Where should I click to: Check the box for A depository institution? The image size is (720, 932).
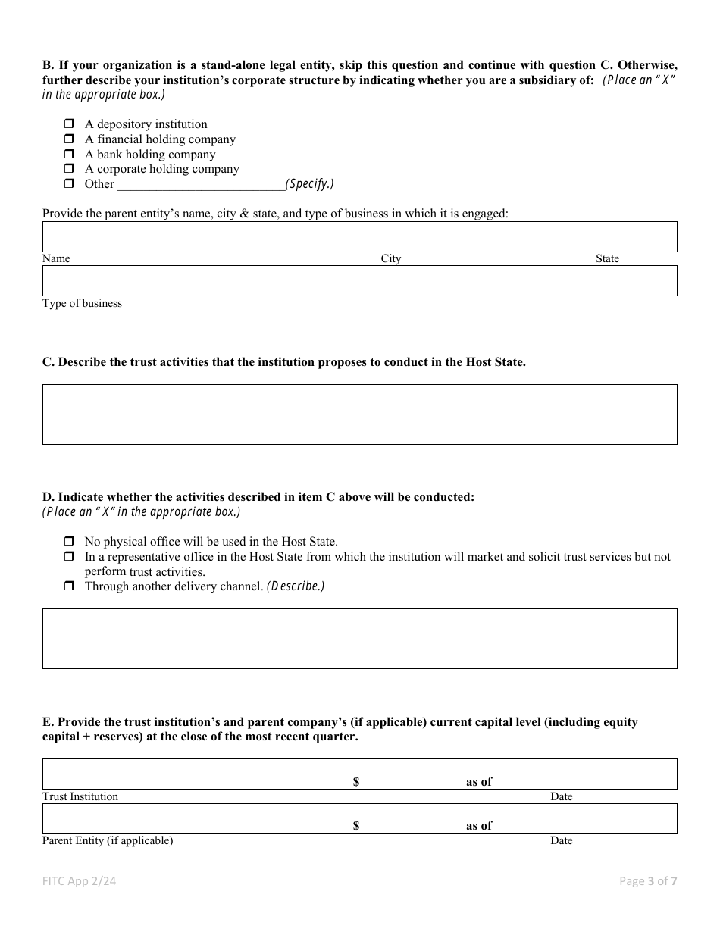(x=69, y=124)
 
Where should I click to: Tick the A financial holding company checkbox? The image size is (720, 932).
(x=69, y=139)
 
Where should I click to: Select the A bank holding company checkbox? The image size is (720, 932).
(x=69, y=154)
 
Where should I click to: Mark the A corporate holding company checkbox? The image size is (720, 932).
(x=69, y=168)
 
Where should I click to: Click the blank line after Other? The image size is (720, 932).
(x=200, y=183)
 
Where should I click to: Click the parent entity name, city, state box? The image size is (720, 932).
(x=359, y=236)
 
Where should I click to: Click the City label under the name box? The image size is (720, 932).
(x=391, y=259)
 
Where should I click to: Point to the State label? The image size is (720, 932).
(x=607, y=259)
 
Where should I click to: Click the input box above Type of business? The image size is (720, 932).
(x=359, y=280)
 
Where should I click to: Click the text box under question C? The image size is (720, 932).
(x=359, y=414)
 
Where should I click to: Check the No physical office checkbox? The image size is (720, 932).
(x=69, y=542)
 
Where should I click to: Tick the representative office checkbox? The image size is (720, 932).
(x=69, y=557)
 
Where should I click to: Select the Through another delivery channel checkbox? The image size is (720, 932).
(x=69, y=586)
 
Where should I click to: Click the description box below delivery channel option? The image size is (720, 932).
(x=359, y=638)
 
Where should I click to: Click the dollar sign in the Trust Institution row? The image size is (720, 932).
(x=356, y=782)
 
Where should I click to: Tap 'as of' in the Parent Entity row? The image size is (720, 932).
(x=479, y=826)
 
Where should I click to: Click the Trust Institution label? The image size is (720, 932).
(x=80, y=796)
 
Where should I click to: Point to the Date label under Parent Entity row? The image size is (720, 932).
(x=562, y=840)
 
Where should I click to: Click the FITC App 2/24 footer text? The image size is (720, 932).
(x=80, y=880)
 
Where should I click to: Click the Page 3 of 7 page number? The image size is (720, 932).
(x=648, y=880)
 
